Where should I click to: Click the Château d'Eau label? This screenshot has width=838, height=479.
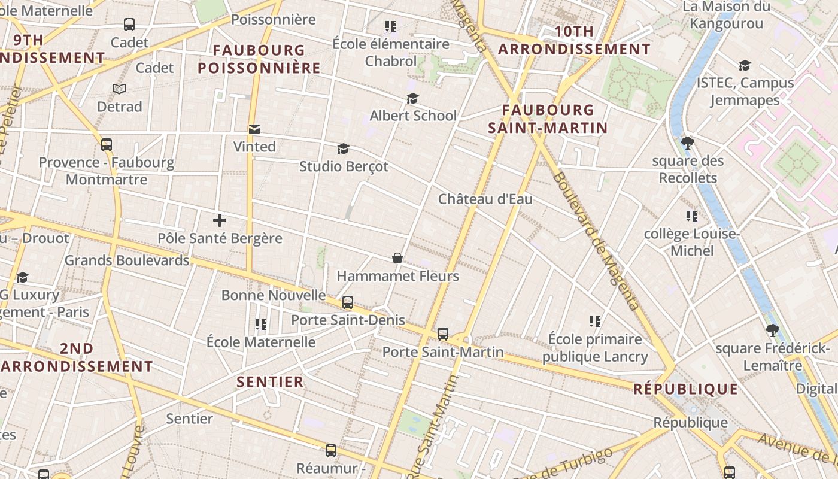click(x=485, y=199)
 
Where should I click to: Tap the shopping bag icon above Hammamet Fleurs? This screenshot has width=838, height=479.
click(x=397, y=258)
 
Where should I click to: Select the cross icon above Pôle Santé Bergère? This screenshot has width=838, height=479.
click(x=220, y=220)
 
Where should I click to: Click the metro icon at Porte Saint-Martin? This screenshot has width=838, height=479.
click(x=443, y=334)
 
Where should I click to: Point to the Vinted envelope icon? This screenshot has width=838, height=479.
click(x=254, y=129)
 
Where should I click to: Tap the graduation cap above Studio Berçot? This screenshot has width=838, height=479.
click(x=343, y=148)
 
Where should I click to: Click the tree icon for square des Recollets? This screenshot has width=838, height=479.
click(x=687, y=143)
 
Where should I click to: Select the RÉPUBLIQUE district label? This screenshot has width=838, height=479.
click(x=685, y=389)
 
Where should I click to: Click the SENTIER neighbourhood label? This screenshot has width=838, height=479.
click(x=270, y=382)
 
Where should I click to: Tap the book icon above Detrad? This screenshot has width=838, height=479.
click(x=119, y=89)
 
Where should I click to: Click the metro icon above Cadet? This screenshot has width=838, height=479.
click(x=129, y=25)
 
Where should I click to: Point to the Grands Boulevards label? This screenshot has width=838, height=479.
click(x=127, y=260)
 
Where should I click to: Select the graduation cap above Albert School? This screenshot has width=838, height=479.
click(x=412, y=98)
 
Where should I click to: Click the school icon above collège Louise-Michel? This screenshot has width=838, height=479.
click(x=692, y=216)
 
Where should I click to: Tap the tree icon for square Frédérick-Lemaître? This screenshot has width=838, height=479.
click(x=772, y=331)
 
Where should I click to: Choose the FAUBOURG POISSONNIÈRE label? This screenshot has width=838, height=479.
click(x=259, y=59)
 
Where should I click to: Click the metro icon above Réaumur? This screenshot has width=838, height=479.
click(x=331, y=451)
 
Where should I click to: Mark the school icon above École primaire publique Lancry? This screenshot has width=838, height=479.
click(x=595, y=322)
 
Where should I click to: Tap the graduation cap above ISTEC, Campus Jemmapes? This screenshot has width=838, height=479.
click(x=745, y=65)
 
